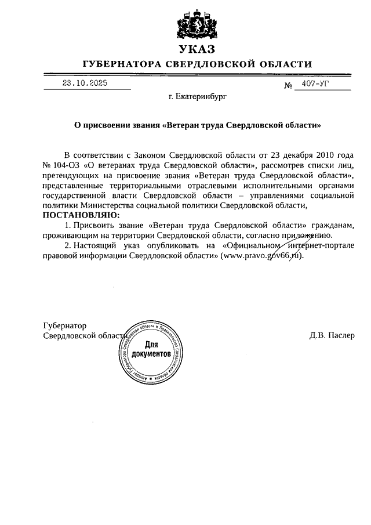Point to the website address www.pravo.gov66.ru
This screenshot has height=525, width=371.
[261, 255]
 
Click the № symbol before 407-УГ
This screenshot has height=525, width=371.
[288, 86]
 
